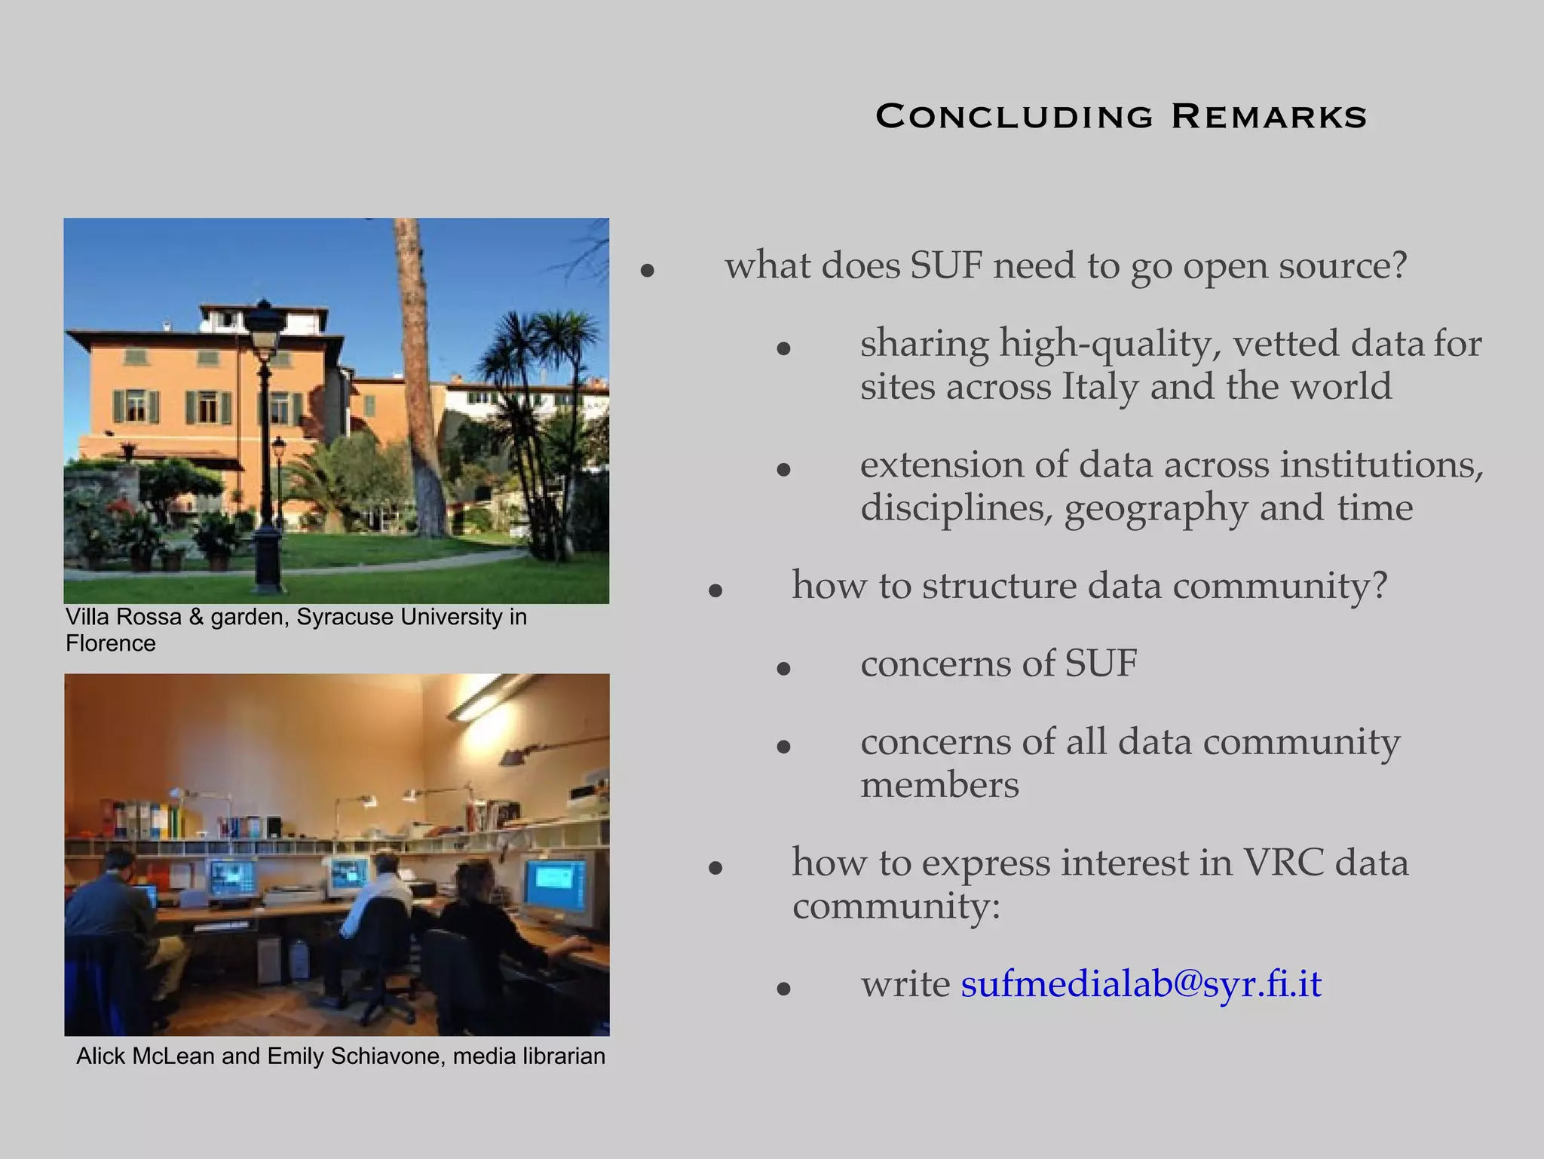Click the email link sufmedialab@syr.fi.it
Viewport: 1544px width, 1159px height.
click(1141, 984)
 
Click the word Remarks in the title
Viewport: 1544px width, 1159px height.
click(1269, 117)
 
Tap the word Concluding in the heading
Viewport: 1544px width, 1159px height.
click(1014, 117)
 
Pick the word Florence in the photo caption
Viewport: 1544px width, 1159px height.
click(111, 644)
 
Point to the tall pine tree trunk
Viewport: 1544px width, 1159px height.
click(422, 377)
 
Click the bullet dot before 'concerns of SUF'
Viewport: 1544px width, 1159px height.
click(783, 668)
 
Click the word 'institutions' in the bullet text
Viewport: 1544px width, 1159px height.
click(1381, 465)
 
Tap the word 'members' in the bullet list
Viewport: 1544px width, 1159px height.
click(939, 786)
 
